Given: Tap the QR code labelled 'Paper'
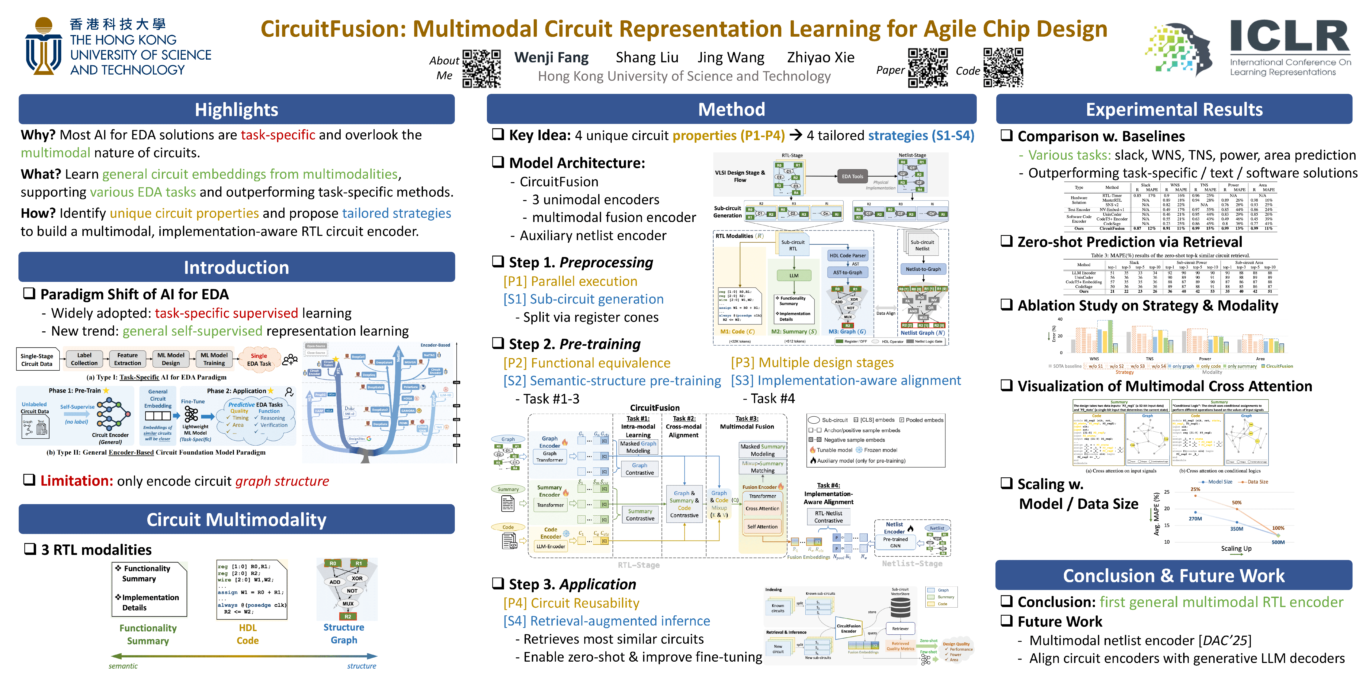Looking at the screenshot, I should (x=927, y=67).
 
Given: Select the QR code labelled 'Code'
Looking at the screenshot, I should (x=1003, y=67).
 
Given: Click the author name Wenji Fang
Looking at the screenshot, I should (x=551, y=57).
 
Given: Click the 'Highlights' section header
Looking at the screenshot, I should (x=236, y=109).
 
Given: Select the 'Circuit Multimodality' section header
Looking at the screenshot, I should (x=236, y=519).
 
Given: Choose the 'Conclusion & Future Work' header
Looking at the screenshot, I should (x=1174, y=576).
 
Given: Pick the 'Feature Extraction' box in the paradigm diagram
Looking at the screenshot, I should (x=128, y=359).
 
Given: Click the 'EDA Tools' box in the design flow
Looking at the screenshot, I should (x=852, y=177).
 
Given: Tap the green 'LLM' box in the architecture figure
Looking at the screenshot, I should (x=793, y=275).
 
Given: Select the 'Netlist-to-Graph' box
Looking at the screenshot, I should (x=922, y=269).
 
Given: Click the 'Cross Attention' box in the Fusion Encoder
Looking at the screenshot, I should (x=762, y=509).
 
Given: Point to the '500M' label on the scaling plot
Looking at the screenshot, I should (x=1278, y=542).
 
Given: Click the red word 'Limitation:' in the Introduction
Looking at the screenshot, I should (x=76, y=481).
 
